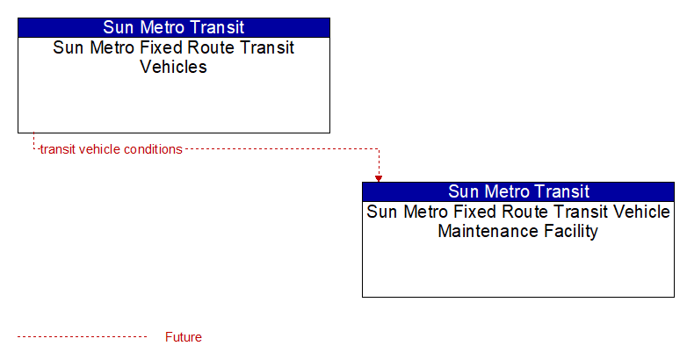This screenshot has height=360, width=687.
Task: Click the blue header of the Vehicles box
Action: coord(174,27)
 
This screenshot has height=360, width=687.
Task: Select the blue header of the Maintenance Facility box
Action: coord(518,191)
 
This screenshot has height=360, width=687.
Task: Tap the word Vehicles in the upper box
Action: coord(173,67)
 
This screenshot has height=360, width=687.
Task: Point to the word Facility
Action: coord(571,232)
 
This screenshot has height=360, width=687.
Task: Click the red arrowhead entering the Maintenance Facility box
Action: coord(379,179)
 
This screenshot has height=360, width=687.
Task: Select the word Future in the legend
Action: coord(183,337)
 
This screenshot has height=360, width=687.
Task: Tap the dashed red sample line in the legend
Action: coord(83,337)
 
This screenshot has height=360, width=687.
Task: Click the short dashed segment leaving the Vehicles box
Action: coord(33,141)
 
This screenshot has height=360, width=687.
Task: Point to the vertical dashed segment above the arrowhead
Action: coord(379,162)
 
